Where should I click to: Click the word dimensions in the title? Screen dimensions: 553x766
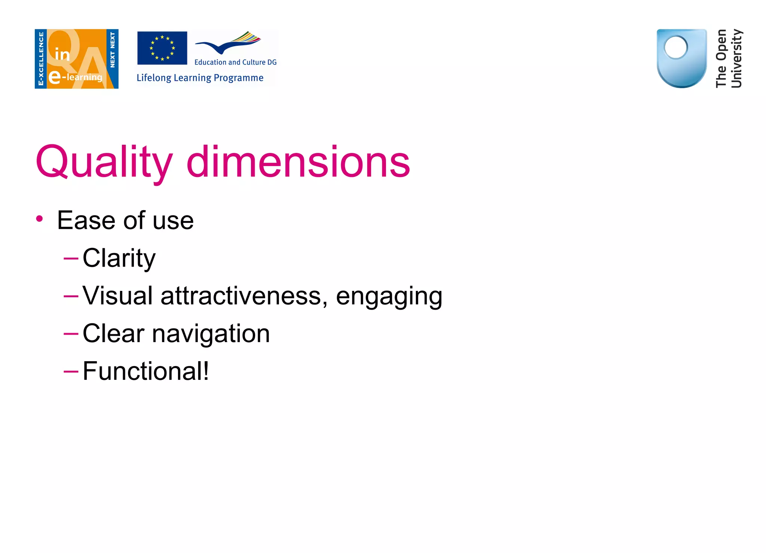click(298, 162)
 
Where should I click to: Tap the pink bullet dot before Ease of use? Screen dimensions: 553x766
click(40, 219)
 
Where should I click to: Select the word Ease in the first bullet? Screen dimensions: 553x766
click(86, 220)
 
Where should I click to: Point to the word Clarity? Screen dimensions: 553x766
click(119, 258)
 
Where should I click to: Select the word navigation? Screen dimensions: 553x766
click(211, 334)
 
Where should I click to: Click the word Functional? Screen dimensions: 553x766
click(146, 371)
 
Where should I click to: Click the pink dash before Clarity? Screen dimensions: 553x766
click(71, 258)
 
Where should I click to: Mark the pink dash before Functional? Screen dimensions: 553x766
click(71, 371)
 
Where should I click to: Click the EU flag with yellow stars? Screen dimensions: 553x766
click(162, 48)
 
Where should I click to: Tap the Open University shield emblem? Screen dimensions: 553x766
click(681, 58)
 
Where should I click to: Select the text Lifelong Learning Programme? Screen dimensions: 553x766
click(200, 78)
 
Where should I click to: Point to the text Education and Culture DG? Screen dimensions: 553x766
click(235, 62)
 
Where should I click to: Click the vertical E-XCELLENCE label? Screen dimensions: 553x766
click(41, 59)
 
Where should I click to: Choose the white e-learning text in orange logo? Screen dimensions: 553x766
click(76, 77)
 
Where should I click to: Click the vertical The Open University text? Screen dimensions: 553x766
click(729, 59)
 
